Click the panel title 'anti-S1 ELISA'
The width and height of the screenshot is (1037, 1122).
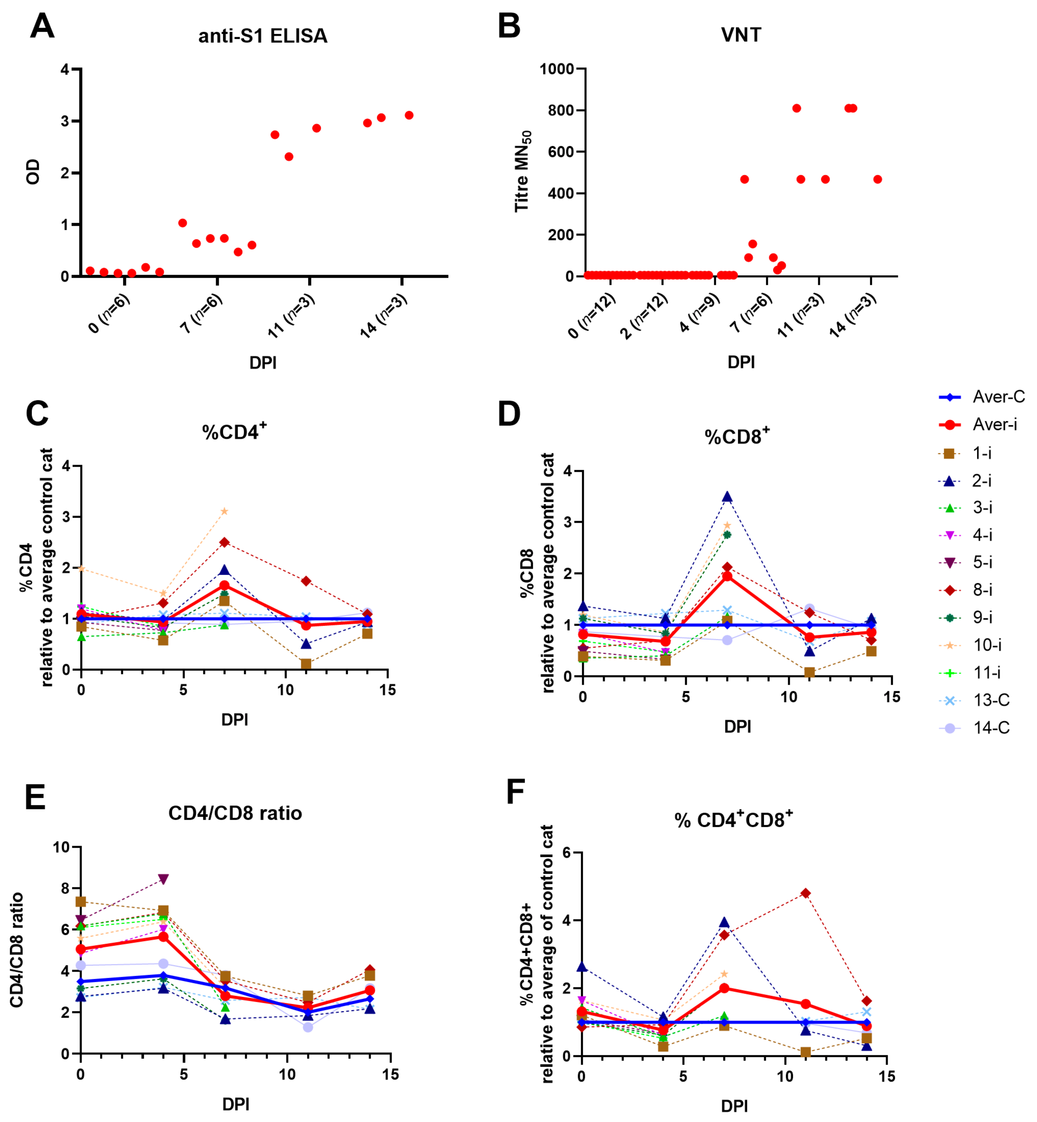(263, 36)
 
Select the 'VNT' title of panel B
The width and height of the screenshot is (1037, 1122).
(741, 35)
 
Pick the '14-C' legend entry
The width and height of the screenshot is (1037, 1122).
(991, 728)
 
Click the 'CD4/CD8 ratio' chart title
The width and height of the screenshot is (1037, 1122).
(235, 813)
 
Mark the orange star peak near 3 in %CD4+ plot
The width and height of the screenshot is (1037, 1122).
(225, 511)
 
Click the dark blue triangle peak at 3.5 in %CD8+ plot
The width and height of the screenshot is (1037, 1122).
(727, 497)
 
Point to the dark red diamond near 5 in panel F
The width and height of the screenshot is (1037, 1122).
(805, 893)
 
